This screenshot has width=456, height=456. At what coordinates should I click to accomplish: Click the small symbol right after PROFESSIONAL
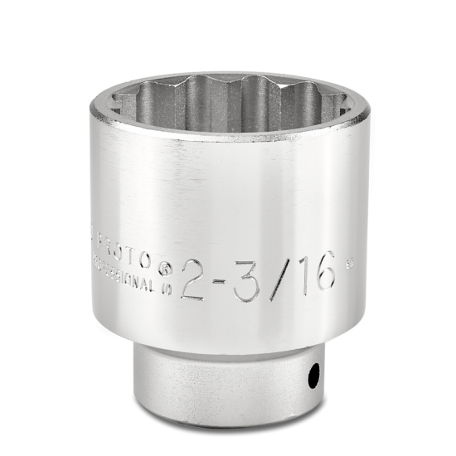point(166,286)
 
